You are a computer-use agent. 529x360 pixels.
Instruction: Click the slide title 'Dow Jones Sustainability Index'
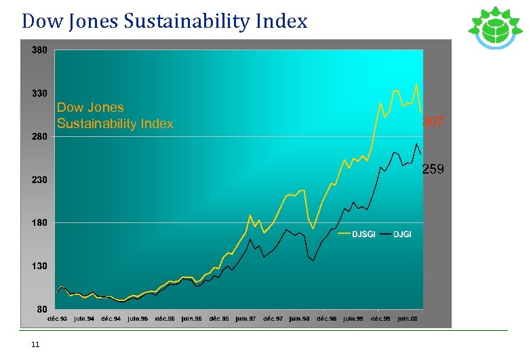[164, 21]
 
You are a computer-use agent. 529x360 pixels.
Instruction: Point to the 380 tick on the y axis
[39, 50]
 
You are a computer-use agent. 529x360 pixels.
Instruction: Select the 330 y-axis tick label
[39, 94]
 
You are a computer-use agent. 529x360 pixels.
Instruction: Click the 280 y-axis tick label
[39, 137]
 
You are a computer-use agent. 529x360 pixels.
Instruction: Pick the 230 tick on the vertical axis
[39, 180]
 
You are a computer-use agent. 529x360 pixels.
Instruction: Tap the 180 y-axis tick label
[39, 223]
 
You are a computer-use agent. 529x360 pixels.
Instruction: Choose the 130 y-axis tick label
[39, 266]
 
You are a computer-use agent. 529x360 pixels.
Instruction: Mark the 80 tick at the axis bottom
[41, 309]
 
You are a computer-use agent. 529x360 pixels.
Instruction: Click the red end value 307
[433, 122]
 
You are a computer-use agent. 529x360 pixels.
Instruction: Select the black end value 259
[433, 169]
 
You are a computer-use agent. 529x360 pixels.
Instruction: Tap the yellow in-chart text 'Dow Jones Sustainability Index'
[115, 116]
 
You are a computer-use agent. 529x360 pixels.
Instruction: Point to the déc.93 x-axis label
[57, 318]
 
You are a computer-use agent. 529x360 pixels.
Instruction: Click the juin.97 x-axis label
[246, 318]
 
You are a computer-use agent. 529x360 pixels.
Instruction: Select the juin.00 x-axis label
[408, 318]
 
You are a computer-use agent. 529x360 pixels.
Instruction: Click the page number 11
[35, 344]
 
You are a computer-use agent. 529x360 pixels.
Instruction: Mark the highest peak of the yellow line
[416, 84]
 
